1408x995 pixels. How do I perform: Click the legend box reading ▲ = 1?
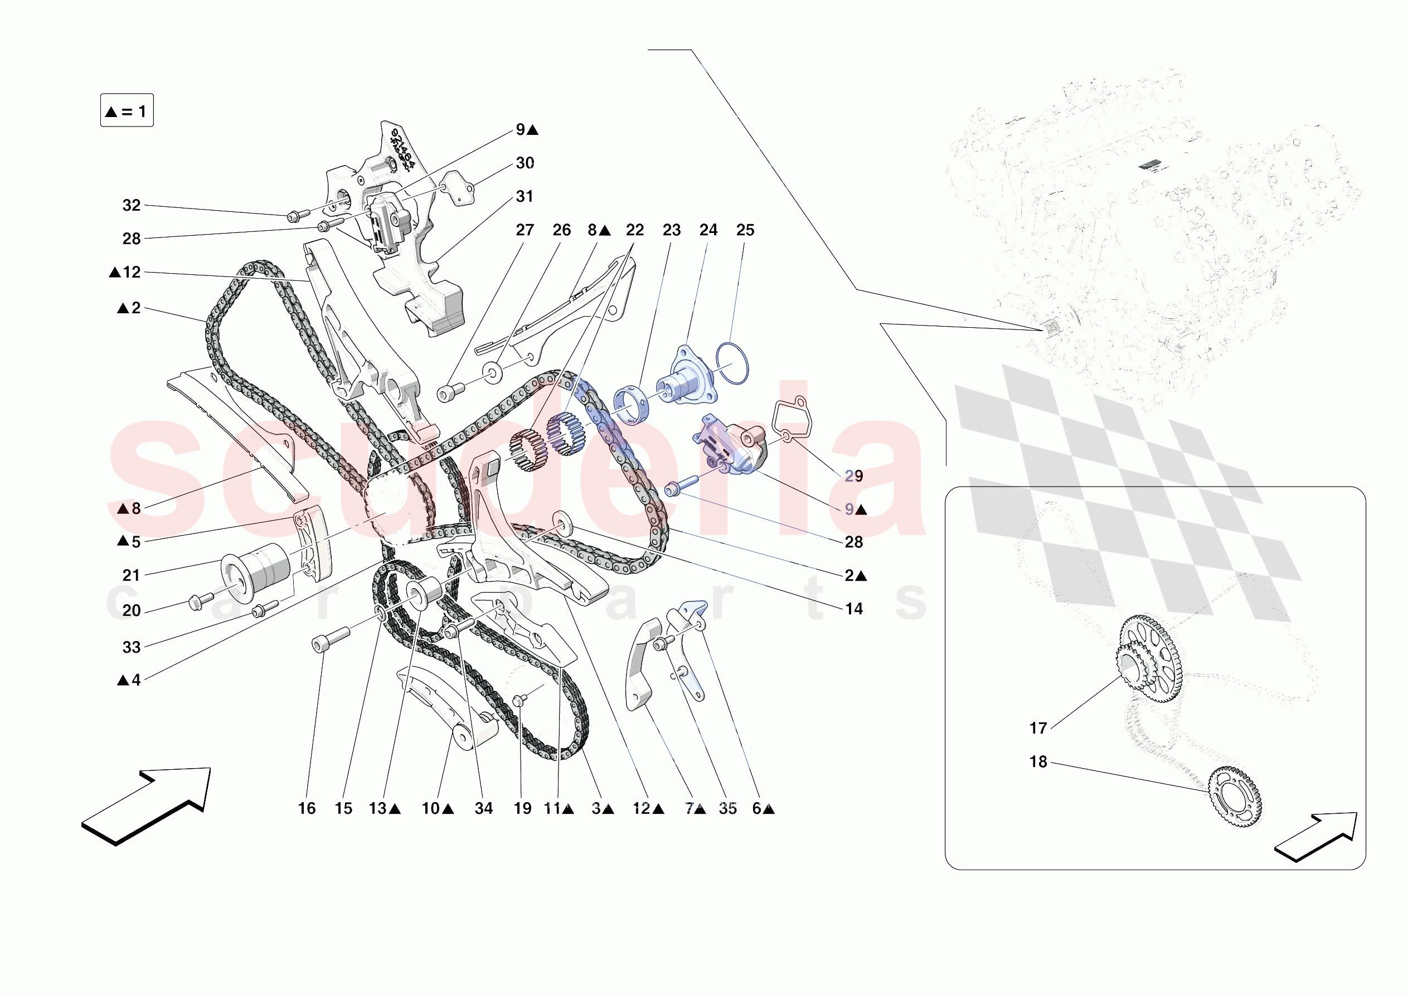tap(127, 111)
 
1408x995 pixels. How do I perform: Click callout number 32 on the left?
tap(131, 206)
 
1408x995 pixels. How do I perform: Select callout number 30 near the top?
tap(525, 163)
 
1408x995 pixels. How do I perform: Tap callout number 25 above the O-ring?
tap(745, 230)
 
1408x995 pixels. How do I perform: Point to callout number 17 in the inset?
tap(1037, 728)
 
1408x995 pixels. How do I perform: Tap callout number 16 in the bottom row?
tap(307, 808)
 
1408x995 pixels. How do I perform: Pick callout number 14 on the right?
tap(853, 609)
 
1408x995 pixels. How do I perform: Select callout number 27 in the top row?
tap(525, 230)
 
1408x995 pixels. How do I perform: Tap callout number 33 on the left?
tap(131, 647)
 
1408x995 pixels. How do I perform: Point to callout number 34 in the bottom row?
tap(483, 808)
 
